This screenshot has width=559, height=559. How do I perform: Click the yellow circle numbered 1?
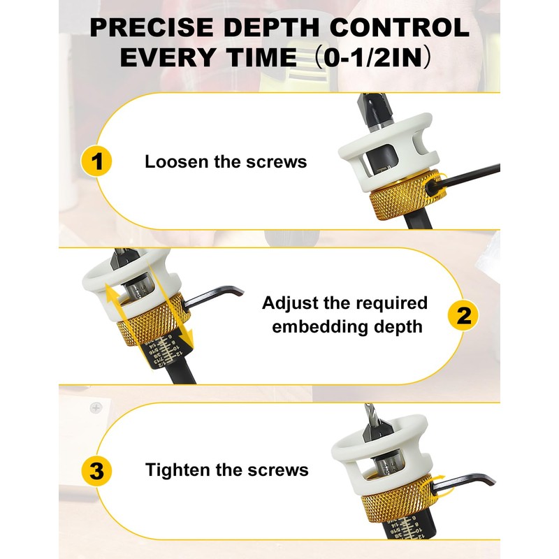tap(98, 162)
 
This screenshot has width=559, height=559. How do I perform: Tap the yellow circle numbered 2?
tap(461, 317)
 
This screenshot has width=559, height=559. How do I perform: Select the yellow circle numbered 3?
tap(98, 470)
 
